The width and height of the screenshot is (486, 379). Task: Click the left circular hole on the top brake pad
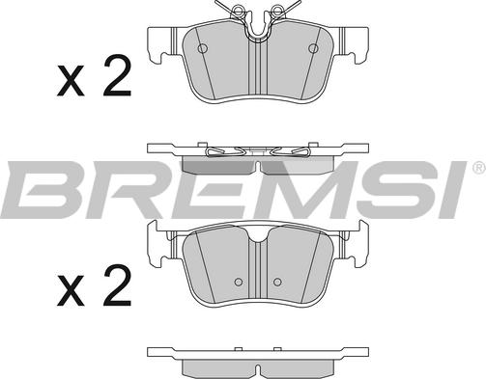point(202,48)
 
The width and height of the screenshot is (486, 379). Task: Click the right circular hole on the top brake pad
point(313,48)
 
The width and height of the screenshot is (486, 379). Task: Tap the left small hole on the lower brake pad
point(239,282)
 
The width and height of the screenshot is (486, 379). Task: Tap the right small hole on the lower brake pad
point(277,282)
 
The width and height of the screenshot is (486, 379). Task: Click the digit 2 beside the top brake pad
point(117,75)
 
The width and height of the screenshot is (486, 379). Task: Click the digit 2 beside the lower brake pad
point(117,284)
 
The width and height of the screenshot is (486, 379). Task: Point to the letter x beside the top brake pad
point(71,80)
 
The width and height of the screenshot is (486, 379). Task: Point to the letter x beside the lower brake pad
point(71,290)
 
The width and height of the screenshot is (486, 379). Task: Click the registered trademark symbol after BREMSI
point(479,167)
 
